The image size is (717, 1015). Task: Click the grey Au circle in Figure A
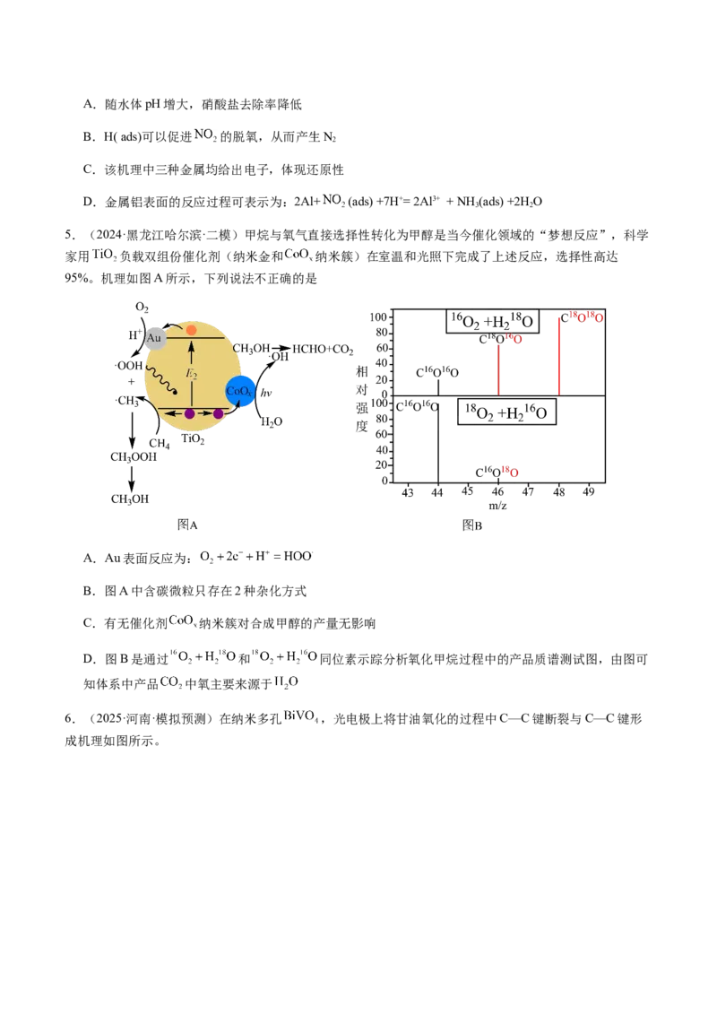(155, 338)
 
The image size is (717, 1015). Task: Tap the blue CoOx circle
(239, 391)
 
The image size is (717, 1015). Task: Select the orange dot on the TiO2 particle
(191, 330)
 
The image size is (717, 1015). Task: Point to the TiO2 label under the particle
(193, 439)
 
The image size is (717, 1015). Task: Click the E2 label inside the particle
(192, 374)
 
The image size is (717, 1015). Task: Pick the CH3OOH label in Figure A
(134, 457)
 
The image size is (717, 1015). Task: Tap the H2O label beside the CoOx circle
(272, 422)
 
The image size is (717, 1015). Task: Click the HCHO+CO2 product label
(323, 350)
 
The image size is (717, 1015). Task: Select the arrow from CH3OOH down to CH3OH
(132, 479)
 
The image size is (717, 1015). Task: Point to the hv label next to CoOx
(266, 392)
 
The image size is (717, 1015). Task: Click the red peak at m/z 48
(559, 356)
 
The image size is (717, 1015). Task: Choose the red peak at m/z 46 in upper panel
(498, 370)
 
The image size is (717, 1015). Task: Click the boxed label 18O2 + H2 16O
(506, 412)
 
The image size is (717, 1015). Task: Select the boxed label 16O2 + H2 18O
(492, 321)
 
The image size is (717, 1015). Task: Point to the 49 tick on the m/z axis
(588, 491)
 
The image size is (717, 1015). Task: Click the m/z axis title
(497, 506)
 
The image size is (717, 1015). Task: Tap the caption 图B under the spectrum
(471, 525)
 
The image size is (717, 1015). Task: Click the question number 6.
(69, 718)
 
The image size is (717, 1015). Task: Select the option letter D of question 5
(90, 659)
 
